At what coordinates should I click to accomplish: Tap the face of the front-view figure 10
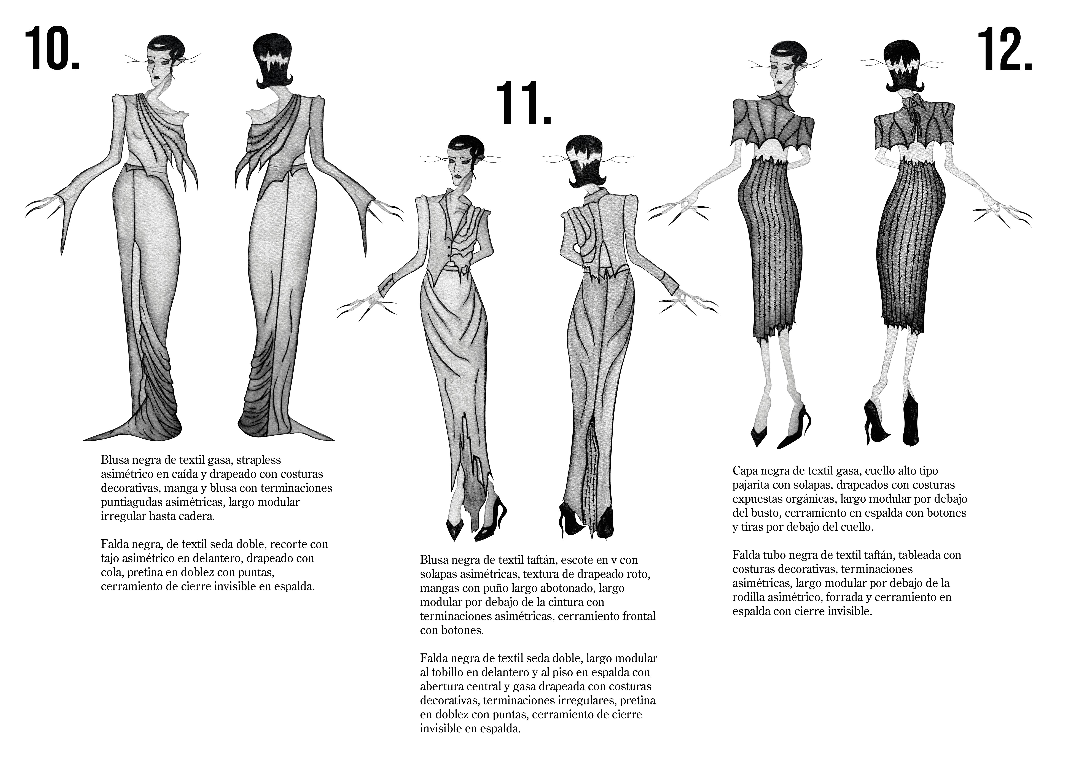pyautogui.click(x=159, y=70)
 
